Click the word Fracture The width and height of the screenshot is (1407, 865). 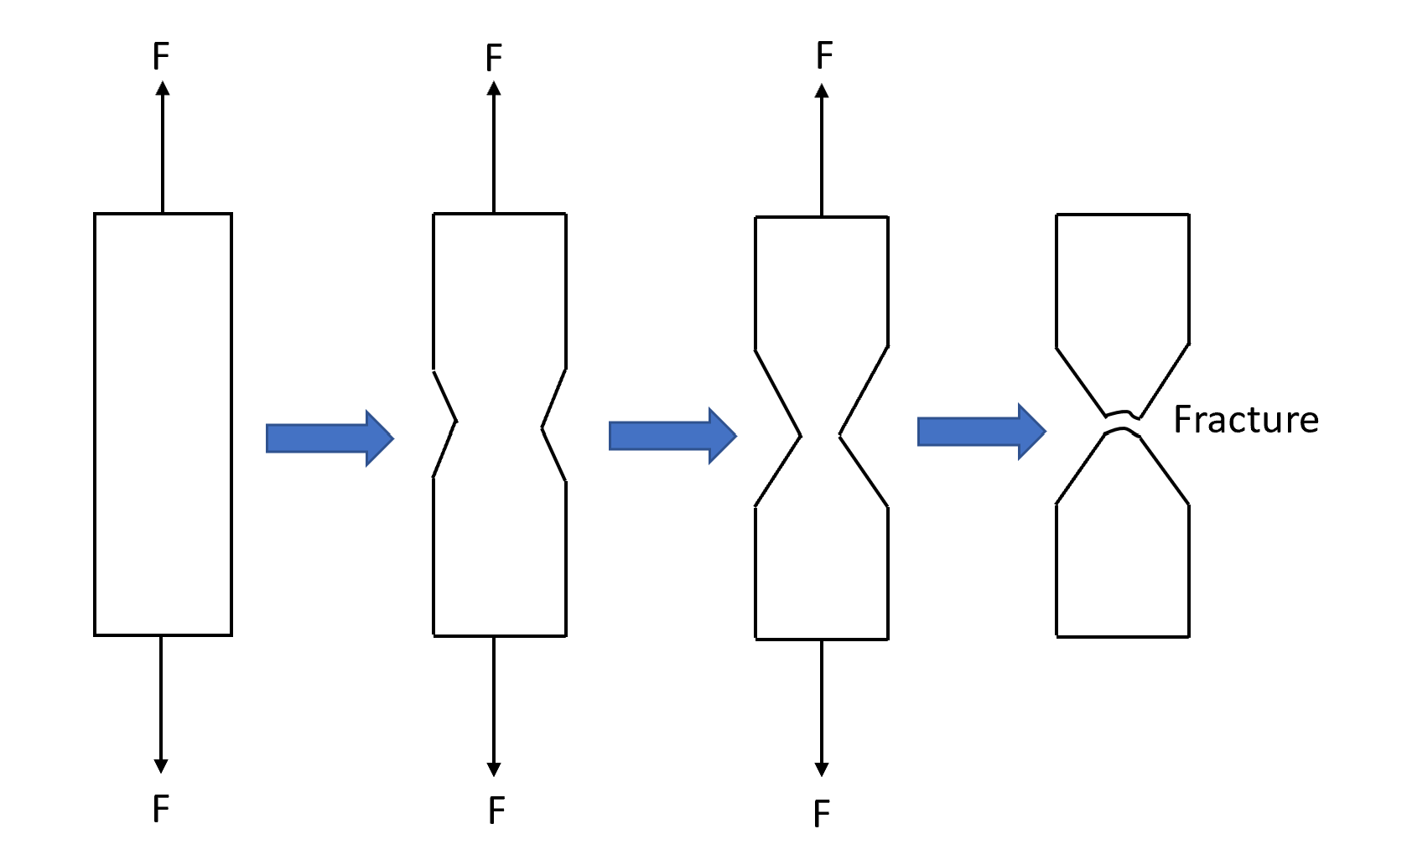(1245, 419)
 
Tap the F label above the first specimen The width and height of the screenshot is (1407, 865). (161, 57)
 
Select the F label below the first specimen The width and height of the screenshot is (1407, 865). (161, 809)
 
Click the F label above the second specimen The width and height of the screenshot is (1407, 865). (494, 59)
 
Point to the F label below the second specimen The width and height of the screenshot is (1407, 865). (496, 811)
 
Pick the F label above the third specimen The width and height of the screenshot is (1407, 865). (824, 56)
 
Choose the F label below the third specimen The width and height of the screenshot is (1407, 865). (822, 814)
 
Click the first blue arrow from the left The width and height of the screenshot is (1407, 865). (329, 438)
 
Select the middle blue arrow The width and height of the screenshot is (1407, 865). (672, 435)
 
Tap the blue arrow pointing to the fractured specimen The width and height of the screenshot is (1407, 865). (981, 432)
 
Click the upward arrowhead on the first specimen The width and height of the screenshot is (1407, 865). (162, 88)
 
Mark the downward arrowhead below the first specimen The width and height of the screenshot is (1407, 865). (161, 765)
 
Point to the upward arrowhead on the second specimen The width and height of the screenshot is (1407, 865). (494, 88)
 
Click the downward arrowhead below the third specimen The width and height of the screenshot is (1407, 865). (822, 769)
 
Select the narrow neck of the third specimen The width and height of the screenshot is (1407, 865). (821, 436)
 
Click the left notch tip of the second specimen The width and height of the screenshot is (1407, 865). (455, 422)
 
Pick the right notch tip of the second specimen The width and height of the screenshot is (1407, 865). (543, 427)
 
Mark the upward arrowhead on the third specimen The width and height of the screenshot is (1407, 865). (822, 91)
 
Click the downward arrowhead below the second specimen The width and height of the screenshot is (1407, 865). (494, 769)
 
